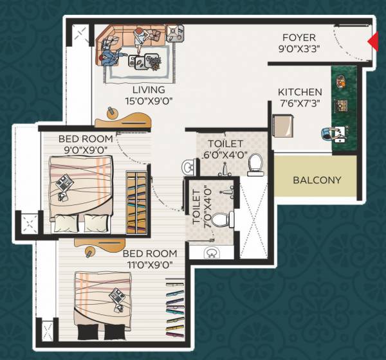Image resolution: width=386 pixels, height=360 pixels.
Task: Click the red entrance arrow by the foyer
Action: (372, 42)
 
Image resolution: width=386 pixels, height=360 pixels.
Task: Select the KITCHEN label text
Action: (300, 92)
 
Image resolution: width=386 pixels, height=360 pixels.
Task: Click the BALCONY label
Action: (317, 180)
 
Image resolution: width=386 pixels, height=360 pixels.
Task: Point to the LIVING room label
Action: (149, 89)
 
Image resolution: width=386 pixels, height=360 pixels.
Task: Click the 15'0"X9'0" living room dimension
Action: (149, 100)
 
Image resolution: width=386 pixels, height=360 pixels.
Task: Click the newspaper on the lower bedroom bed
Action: (118, 296)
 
